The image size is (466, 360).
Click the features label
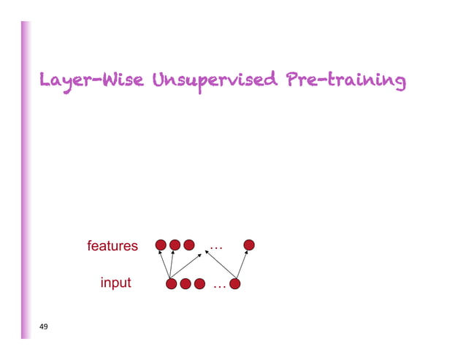(x=112, y=246)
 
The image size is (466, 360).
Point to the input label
(x=116, y=283)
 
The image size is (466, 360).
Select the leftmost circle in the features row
(x=161, y=245)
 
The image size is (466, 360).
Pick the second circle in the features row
(x=175, y=245)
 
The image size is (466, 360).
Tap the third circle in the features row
(x=189, y=245)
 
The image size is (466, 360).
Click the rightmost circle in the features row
(x=249, y=245)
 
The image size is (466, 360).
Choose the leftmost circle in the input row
(x=172, y=283)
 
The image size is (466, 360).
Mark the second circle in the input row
(x=186, y=283)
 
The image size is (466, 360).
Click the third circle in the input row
(x=199, y=283)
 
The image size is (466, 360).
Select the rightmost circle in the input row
(x=236, y=283)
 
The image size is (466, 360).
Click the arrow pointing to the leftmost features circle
(x=166, y=264)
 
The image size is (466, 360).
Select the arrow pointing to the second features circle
(x=172, y=264)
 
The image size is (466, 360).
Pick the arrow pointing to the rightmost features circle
(x=242, y=264)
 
